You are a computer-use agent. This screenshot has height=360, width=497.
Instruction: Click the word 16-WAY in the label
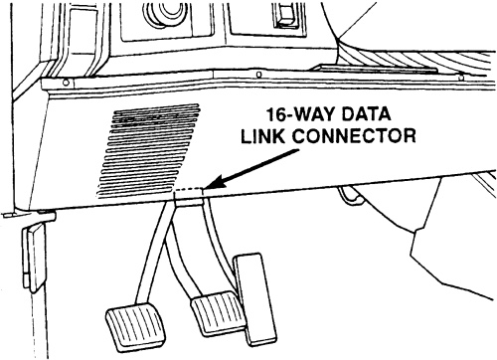tap(300, 114)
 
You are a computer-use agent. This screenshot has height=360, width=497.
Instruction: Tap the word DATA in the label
tap(366, 114)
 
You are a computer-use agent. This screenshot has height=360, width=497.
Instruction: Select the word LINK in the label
tap(262, 135)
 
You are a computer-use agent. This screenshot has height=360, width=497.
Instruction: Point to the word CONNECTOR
tap(354, 135)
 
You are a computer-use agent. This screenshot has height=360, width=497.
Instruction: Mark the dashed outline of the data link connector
tap(188, 189)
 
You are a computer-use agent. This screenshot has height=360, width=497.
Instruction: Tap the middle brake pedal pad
tap(218, 312)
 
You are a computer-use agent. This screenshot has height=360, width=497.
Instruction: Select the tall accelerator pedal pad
tap(255, 298)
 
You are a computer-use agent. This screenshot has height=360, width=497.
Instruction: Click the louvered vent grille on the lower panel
tap(148, 150)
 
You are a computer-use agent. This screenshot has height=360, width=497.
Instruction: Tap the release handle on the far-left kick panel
tap(35, 258)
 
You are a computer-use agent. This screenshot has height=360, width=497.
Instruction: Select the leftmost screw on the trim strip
tap(66, 83)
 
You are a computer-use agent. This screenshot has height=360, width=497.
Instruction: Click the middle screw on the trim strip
tap(259, 75)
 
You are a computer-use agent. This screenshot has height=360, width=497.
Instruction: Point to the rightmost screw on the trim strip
tap(459, 78)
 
